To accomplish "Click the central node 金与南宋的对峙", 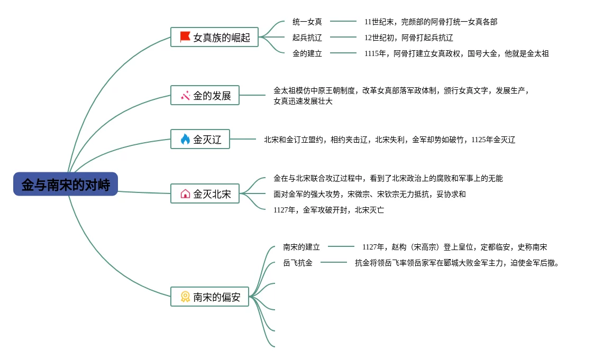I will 66,184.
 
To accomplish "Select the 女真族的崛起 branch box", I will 214,38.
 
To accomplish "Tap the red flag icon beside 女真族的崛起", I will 185,37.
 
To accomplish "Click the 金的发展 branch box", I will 205,96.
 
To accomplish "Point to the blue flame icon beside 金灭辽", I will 185,140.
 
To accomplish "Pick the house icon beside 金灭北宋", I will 185,194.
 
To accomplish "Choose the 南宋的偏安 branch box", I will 209,297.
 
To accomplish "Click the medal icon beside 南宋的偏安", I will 185,297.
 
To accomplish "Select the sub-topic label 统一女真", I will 307,22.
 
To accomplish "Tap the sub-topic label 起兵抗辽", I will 307,38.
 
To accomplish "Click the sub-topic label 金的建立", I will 307,53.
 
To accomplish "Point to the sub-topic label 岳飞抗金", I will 297,263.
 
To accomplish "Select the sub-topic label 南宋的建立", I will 301,247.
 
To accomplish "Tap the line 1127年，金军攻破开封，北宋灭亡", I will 328,210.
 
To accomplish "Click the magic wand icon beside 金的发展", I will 185,96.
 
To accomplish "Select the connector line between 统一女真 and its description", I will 343,21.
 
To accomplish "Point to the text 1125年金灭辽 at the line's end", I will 493,140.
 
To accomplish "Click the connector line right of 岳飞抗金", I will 334,262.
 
